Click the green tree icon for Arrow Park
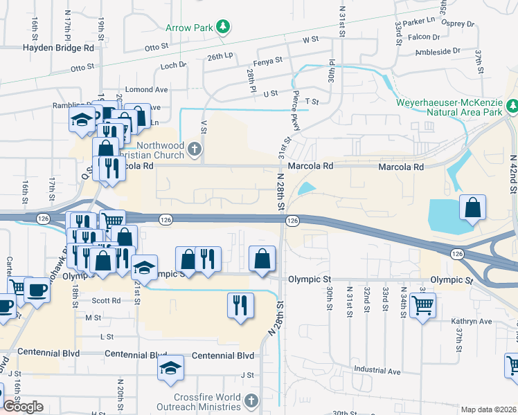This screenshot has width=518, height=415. tap(222, 27)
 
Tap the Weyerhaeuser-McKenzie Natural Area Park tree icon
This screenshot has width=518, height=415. tap(512, 106)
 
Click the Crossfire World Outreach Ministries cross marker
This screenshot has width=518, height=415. tap(251, 400)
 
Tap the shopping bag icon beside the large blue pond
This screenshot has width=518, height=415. tap(472, 207)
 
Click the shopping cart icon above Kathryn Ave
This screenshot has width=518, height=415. tap(422, 304)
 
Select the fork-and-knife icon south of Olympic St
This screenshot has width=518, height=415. tap(240, 304)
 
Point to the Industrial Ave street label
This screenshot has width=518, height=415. tap(377, 371)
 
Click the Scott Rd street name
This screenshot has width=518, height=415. tap(106, 301)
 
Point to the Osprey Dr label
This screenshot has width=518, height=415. tap(461, 24)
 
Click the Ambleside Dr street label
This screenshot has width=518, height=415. tap(438, 51)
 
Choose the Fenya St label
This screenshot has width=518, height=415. tap(269, 60)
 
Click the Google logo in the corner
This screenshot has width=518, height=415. tap(23, 407)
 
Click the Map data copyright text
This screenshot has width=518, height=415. tap(488, 409)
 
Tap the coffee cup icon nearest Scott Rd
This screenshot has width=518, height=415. tap(37, 290)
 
